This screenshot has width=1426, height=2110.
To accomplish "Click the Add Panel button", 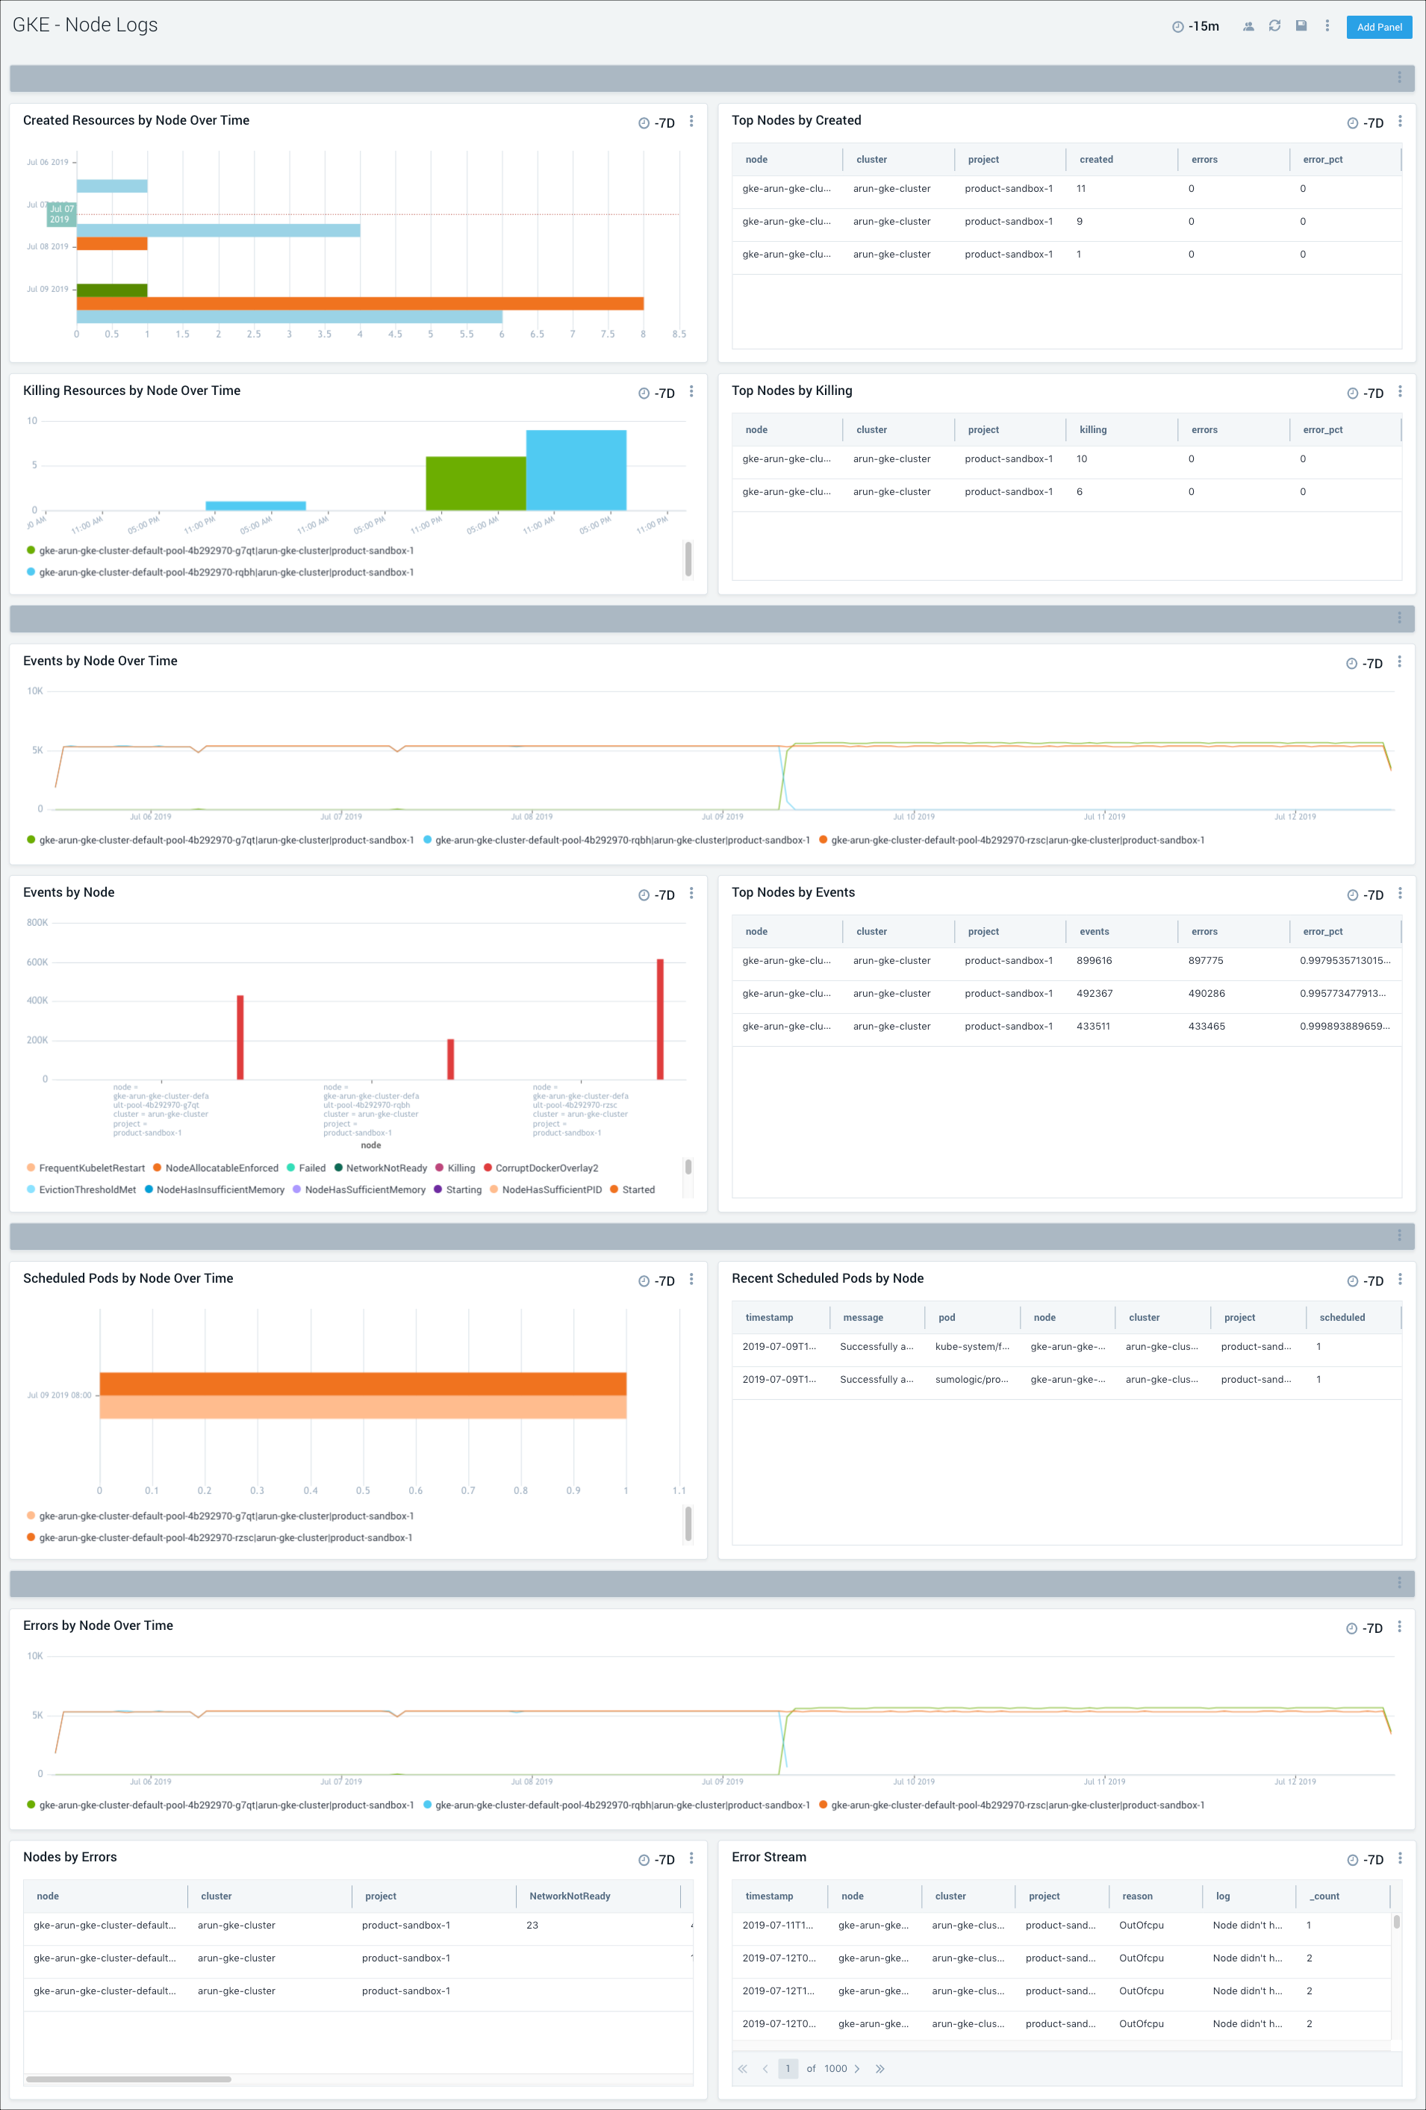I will click(1378, 27).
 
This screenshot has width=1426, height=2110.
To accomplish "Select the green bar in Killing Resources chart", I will click(476, 483).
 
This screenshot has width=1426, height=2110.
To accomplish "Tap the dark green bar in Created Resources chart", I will click(112, 290).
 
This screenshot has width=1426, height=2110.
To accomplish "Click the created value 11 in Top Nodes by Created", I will click(1080, 189).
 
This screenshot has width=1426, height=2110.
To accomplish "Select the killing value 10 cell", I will click(1081, 459).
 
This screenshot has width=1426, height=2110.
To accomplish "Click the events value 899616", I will click(1094, 961).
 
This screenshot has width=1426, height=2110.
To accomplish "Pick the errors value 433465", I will click(1207, 1027).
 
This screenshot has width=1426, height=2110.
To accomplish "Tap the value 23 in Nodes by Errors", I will click(532, 1926).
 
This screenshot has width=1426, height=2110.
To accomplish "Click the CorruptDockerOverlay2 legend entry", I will click(546, 1168).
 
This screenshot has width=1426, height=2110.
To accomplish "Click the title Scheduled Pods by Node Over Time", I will click(128, 1278).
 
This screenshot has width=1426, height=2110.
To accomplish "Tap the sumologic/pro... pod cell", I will click(971, 1380).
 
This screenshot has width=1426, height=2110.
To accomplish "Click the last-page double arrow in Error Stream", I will click(879, 2069).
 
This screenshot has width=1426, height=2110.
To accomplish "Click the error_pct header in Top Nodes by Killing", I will click(1321, 430).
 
